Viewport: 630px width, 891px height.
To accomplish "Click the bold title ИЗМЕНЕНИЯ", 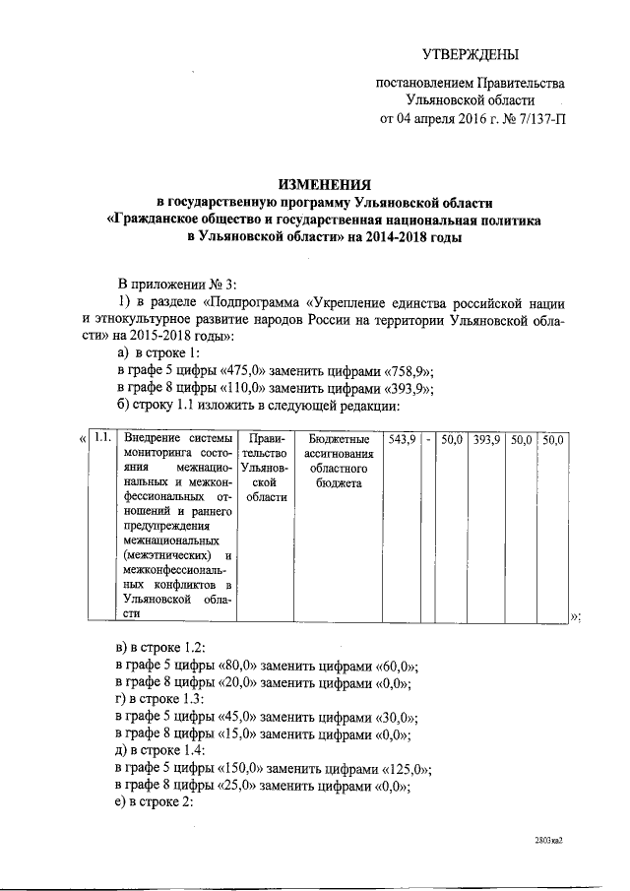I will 324,184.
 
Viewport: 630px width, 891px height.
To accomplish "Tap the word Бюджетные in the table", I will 339,438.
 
